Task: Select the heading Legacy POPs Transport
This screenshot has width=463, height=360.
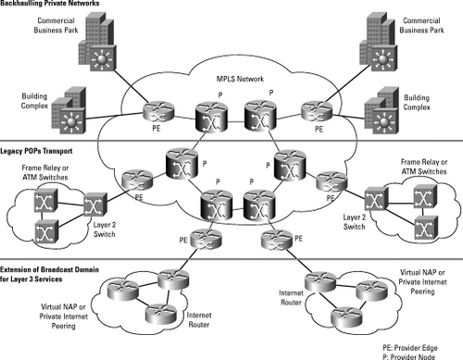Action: [39, 148]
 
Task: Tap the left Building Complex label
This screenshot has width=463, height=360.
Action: [22, 100]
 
